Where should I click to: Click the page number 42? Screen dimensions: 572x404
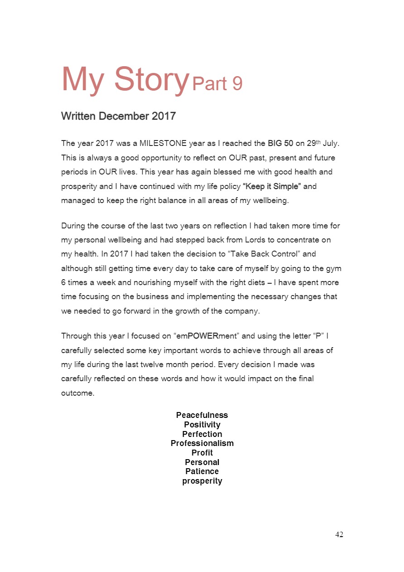tap(339, 535)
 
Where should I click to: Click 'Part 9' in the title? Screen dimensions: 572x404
tap(217, 84)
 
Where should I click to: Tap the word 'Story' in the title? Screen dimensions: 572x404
tap(151, 79)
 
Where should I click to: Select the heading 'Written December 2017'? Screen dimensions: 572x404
tap(118, 116)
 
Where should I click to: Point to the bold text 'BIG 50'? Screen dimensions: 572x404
tap(280, 144)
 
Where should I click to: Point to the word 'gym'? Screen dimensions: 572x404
tap(334, 268)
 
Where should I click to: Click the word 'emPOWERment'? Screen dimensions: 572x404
tap(198, 336)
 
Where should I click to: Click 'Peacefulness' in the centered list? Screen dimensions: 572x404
tap(202, 415)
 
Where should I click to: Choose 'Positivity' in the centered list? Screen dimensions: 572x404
tap(202, 425)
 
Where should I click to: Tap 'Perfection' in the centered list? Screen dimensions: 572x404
tap(202, 434)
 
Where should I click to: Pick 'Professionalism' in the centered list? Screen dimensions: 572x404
tap(202, 443)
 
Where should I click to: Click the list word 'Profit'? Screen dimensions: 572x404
tap(202, 453)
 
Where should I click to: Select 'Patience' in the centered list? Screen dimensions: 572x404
tap(202, 471)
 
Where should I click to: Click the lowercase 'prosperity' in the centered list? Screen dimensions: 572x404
tap(202, 481)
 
